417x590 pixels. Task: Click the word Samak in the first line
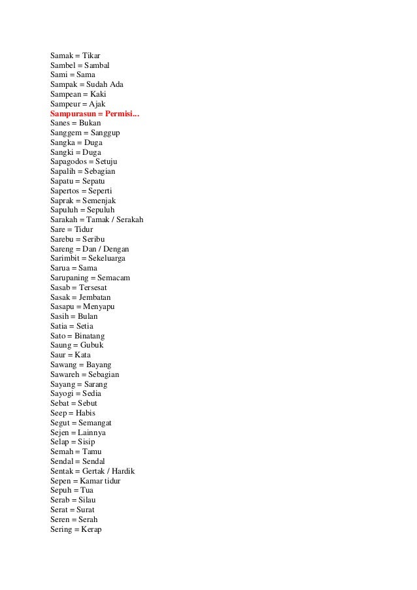coord(61,56)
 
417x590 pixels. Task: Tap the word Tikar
coord(92,56)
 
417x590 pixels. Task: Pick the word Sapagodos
coord(69,161)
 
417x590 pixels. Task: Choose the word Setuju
coord(107,161)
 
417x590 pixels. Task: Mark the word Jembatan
coord(95,297)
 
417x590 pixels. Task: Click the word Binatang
coord(90,336)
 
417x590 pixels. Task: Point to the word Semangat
coord(94,423)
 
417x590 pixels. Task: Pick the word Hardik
coord(124,471)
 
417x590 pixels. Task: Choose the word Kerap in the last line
coord(91,529)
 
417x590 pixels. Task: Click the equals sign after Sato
coord(69,336)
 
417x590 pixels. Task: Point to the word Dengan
coord(115,249)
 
